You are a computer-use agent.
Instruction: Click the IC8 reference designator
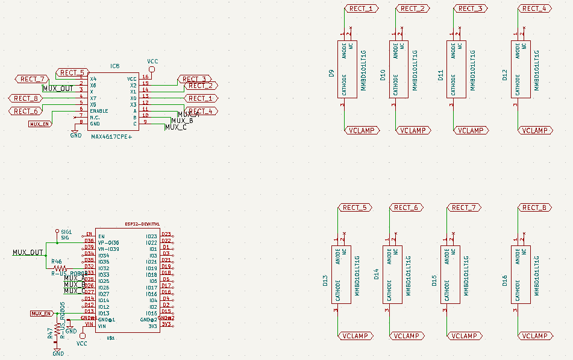point(114,66)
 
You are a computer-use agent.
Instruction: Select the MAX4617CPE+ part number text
point(111,137)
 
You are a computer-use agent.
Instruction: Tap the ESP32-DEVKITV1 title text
point(141,224)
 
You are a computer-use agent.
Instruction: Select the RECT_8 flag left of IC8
point(25,98)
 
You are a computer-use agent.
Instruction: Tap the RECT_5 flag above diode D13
point(354,207)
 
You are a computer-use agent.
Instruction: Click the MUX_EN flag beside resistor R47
point(42,314)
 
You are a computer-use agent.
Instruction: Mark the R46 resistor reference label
point(57,262)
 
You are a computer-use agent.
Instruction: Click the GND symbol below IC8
point(75,133)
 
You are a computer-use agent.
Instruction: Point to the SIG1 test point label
point(66,232)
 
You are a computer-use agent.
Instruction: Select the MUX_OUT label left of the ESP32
point(28,253)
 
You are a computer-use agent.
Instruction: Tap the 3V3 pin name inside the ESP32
point(152,326)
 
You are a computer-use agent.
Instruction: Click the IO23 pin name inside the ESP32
point(151,236)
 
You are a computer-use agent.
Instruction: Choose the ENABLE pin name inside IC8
point(99,111)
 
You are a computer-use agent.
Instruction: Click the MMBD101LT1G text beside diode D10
point(415,71)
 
